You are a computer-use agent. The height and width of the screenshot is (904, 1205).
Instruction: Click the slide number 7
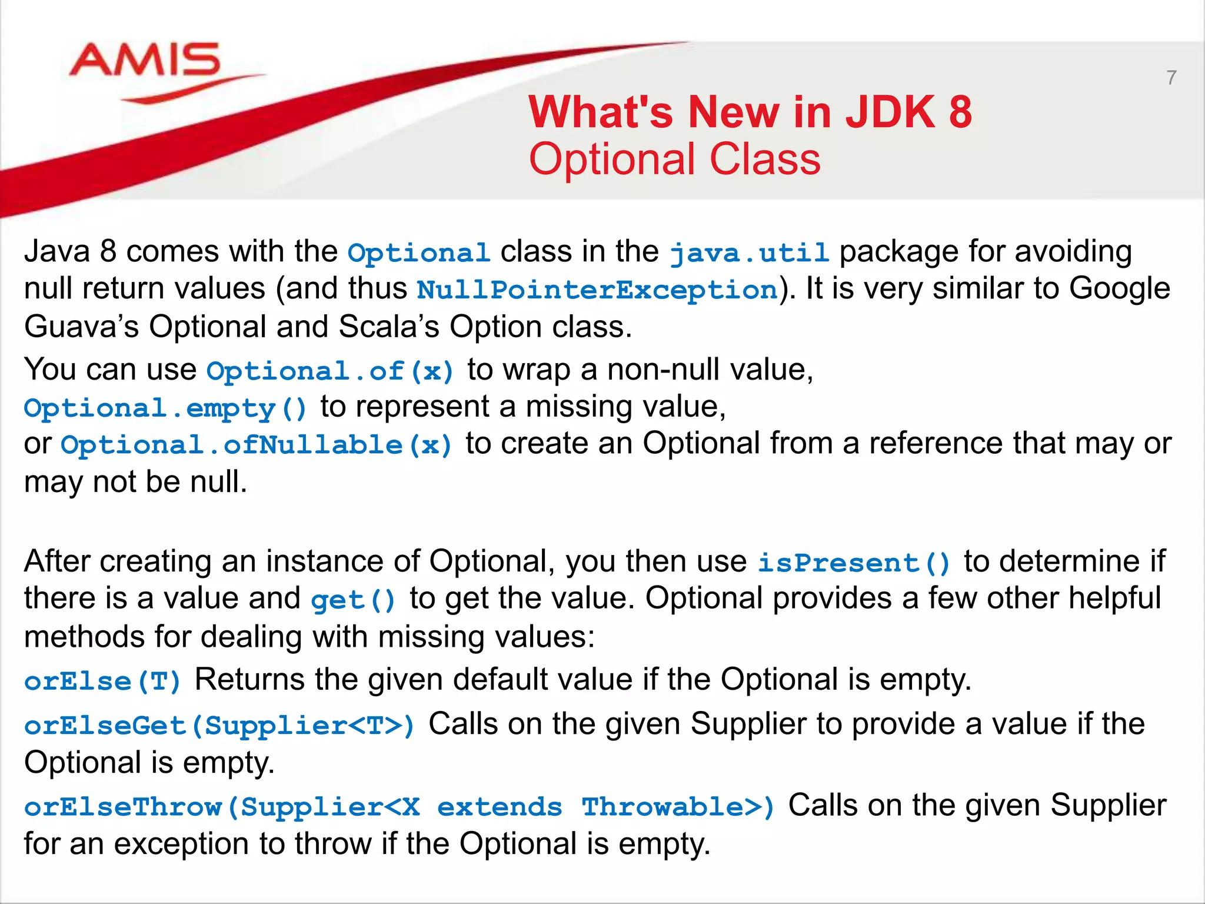click(1171, 78)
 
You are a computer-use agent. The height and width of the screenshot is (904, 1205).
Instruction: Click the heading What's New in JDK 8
click(750, 112)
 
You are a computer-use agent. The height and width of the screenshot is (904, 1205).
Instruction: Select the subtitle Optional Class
click(675, 159)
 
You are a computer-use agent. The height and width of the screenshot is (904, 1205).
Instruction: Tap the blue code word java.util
click(749, 253)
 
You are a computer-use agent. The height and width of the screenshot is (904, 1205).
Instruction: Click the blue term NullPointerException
click(597, 290)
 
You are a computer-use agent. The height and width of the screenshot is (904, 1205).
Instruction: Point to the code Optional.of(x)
click(331, 371)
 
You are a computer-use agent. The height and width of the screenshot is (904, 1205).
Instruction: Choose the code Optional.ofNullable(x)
click(257, 446)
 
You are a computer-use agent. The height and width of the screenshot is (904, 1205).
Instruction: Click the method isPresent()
click(854, 563)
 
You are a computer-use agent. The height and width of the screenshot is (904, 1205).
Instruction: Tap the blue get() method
click(354, 600)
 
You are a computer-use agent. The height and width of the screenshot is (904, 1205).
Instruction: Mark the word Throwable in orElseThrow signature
click(662, 807)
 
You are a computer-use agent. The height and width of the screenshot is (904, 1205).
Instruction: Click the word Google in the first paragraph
click(1119, 289)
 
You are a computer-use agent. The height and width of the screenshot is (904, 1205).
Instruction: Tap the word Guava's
click(81, 327)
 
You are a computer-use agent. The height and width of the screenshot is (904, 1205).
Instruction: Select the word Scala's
click(388, 327)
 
